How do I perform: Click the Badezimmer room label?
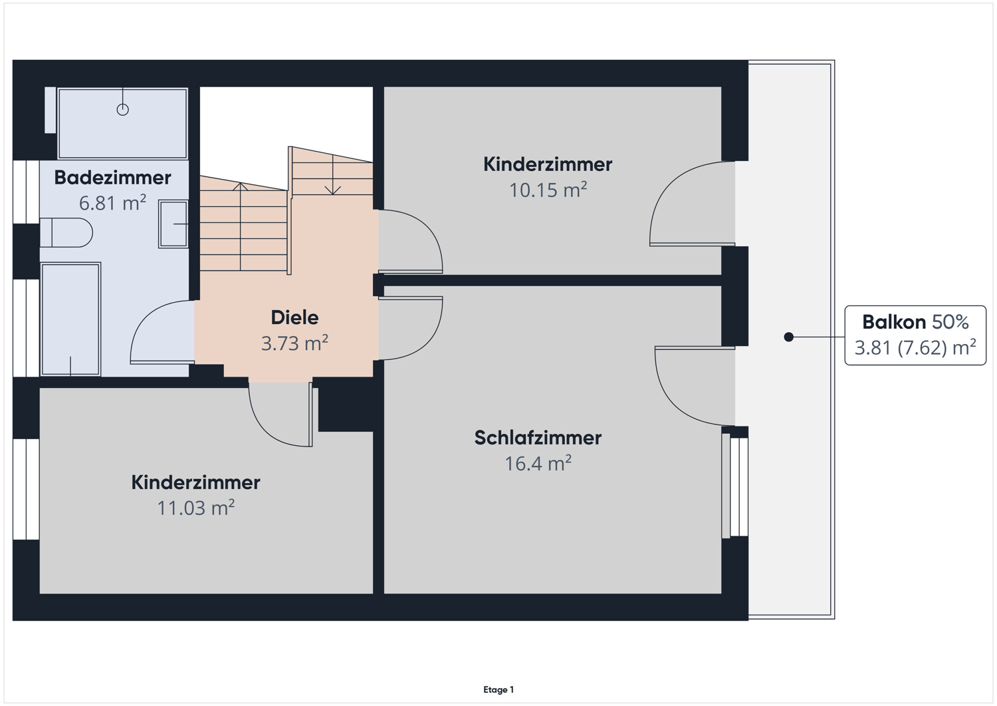point(112,178)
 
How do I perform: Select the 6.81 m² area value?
point(112,203)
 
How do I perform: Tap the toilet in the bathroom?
point(66,233)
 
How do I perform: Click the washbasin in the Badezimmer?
point(173,224)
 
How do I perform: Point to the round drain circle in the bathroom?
point(122,110)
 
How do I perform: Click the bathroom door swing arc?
point(160,332)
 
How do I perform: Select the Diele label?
point(294,317)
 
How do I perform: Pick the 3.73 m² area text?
point(294,343)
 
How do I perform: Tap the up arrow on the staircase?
point(241,188)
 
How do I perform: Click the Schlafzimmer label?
point(538,438)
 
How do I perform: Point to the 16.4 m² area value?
point(538,463)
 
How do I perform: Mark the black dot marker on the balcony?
point(788,337)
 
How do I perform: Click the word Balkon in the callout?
point(893,322)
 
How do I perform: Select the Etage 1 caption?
point(498,690)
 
